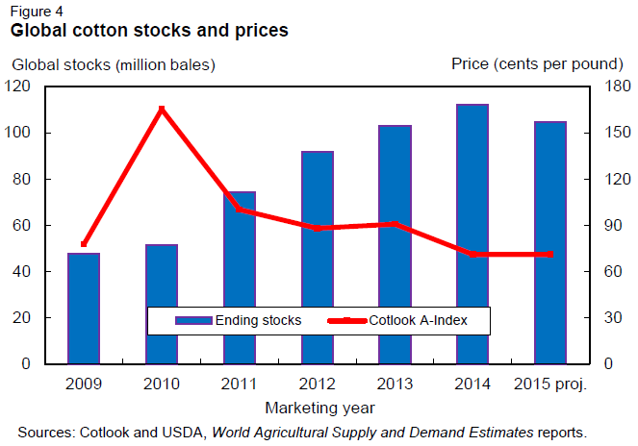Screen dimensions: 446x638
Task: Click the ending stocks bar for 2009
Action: tap(84, 308)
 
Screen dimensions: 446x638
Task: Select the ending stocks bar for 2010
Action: tap(162, 304)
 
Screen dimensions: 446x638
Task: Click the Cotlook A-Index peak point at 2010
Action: tap(162, 110)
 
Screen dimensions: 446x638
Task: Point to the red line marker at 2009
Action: tap(84, 244)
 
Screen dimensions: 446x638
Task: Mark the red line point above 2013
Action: tap(395, 224)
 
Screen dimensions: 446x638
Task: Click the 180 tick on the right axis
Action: tap(605, 87)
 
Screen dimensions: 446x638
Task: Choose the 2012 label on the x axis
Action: tap(317, 384)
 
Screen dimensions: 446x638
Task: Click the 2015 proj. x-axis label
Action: tap(549, 384)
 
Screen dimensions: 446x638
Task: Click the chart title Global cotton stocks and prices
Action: tap(149, 31)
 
